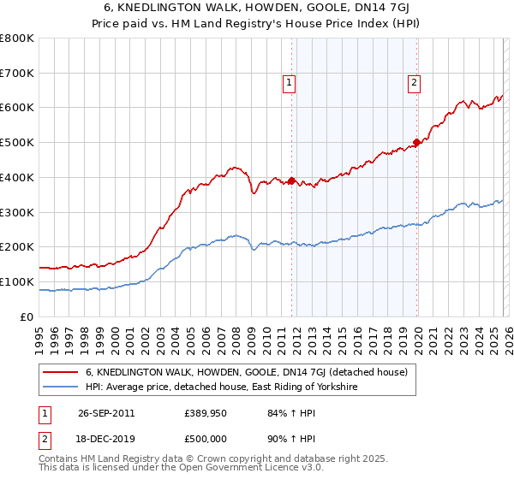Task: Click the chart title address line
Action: (256, 8)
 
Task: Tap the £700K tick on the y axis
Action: (17, 73)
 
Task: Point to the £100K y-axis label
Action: (17, 281)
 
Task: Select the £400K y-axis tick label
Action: (17, 177)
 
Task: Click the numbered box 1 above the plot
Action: (290, 83)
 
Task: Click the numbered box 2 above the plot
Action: (414, 83)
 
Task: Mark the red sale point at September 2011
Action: (292, 180)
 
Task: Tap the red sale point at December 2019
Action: (416, 142)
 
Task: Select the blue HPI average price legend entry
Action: (220, 387)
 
